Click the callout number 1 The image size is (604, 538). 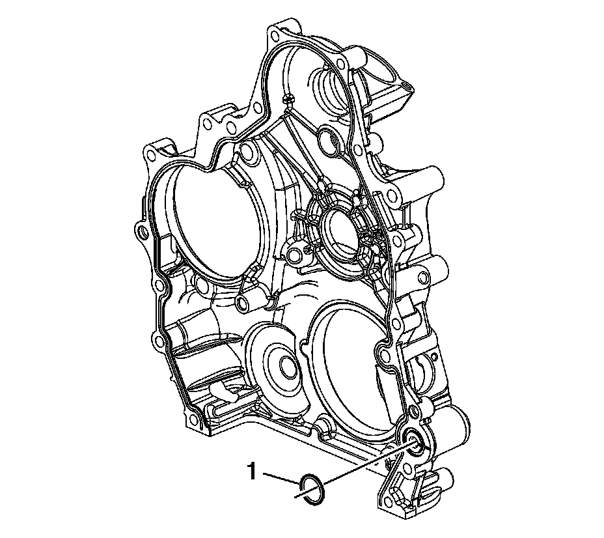click(252, 472)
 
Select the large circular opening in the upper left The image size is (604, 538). click(215, 227)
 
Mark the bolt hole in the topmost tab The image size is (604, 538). click(274, 36)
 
